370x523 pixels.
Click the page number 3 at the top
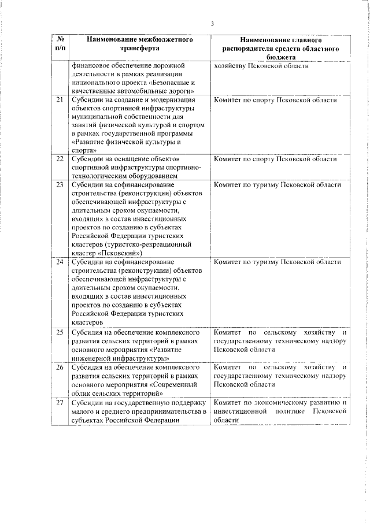click(212, 24)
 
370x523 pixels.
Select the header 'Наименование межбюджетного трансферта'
click(139, 44)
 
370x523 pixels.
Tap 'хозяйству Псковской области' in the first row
click(261, 65)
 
